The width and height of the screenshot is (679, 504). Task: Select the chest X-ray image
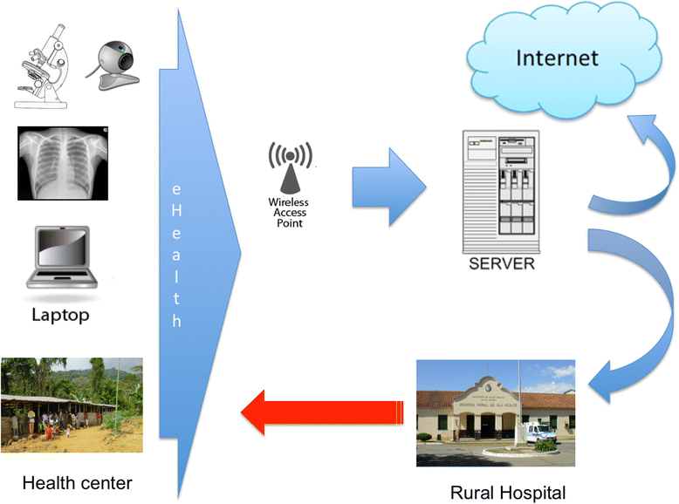click(x=62, y=163)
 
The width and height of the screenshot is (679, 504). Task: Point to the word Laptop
click(x=60, y=315)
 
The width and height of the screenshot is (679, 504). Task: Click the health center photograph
click(x=72, y=401)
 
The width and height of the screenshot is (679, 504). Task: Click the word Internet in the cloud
click(x=558, y=58)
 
